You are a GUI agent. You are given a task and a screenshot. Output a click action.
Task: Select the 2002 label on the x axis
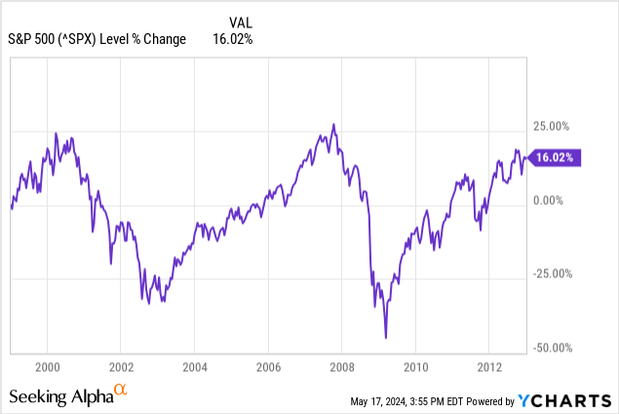coord(120,367)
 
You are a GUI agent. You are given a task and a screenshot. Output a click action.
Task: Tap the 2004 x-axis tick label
coord(194,367)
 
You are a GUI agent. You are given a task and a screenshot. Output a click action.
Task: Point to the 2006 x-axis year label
coord(269,367)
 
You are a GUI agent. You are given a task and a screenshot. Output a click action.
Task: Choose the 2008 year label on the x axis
coord(343,367)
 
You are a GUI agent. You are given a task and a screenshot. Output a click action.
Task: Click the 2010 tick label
coord(417,367)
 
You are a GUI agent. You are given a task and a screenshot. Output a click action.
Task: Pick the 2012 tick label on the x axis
coord(491,367)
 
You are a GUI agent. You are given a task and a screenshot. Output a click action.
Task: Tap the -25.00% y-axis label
coord(553,274)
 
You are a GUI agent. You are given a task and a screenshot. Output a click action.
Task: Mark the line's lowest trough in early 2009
coord(386,338)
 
